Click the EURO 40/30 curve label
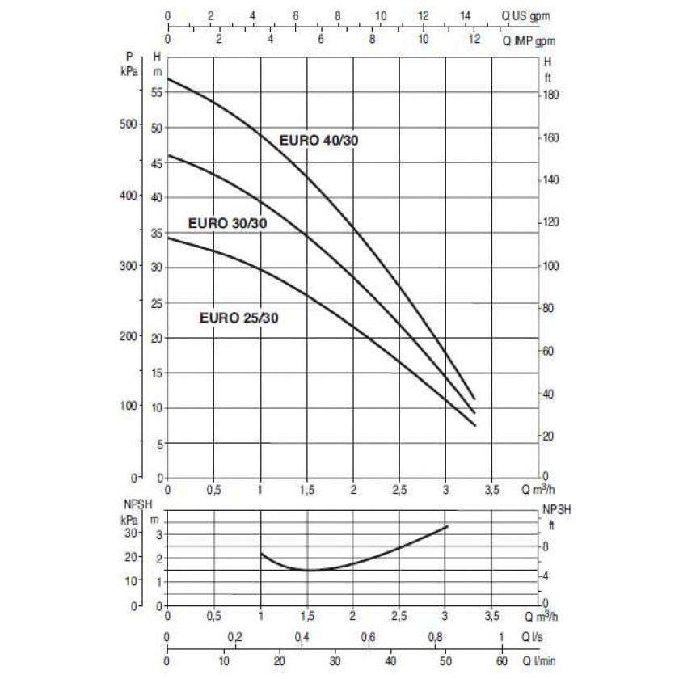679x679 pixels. coord(318,140)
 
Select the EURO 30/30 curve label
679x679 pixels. coord(227,224)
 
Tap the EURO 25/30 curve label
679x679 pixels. coord(239,318)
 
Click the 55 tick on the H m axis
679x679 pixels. coord(156,93)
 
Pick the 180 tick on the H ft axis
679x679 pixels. coord(550,95)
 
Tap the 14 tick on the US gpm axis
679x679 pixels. coord(465,15)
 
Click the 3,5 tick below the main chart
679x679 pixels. coord(491,491)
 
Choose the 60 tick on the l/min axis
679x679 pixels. coord(501,662)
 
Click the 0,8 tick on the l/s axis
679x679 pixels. coord(434,638)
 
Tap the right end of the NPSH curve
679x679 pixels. coord(447,526)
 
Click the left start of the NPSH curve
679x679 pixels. coord(261,554)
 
